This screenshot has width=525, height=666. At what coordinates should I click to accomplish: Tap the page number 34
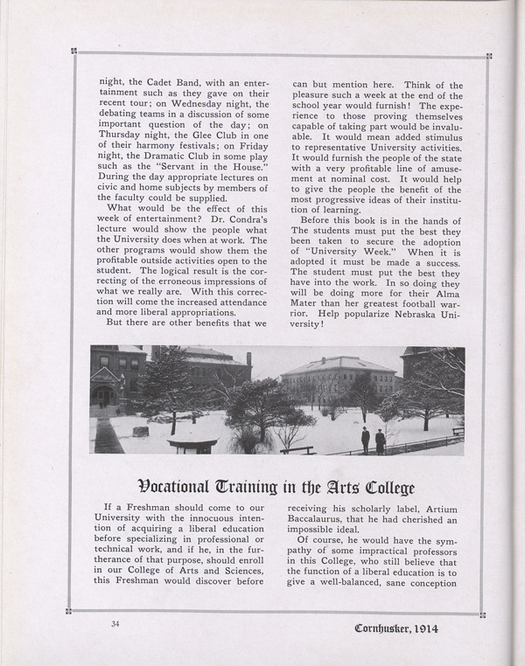(114, 624)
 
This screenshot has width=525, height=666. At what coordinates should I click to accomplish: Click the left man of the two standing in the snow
(365, 438)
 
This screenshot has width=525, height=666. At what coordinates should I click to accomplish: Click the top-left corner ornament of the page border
(74, 52)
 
